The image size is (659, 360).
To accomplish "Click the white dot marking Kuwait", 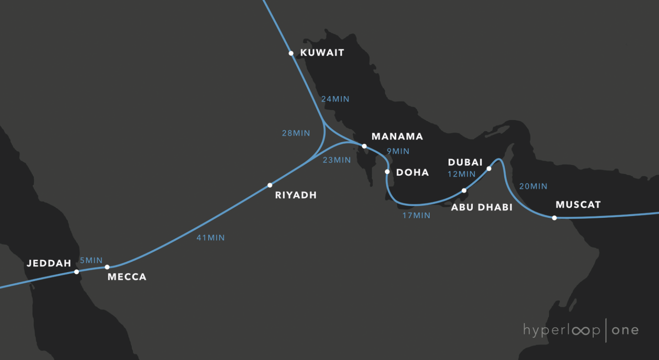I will point(291,54).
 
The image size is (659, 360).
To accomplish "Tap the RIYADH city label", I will point(296,195).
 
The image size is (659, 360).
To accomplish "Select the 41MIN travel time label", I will point(211,238).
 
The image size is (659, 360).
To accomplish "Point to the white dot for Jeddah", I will point(76,272).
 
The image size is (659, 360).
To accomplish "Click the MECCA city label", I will point(127,277).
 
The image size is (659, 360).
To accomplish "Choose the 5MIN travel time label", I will point(91,260).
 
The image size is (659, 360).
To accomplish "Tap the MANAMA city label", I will point(397,136).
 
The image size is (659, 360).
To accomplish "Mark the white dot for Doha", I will point(387,172).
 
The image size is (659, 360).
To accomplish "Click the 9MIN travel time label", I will point(398,151).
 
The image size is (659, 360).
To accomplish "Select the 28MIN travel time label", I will point(296,133).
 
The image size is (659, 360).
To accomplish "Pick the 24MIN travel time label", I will point(335,99).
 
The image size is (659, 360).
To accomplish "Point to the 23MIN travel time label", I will point(336,160).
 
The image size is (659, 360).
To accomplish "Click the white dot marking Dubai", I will point(489,169).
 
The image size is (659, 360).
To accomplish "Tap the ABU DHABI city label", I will point(482,207).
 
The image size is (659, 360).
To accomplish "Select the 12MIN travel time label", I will point(461,174).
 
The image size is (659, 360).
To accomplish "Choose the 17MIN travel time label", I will point(416,215).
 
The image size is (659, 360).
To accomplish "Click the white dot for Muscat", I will point(554,218).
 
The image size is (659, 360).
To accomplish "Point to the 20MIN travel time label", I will point(533,186).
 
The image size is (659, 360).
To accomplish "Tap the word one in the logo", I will point(625,330).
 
